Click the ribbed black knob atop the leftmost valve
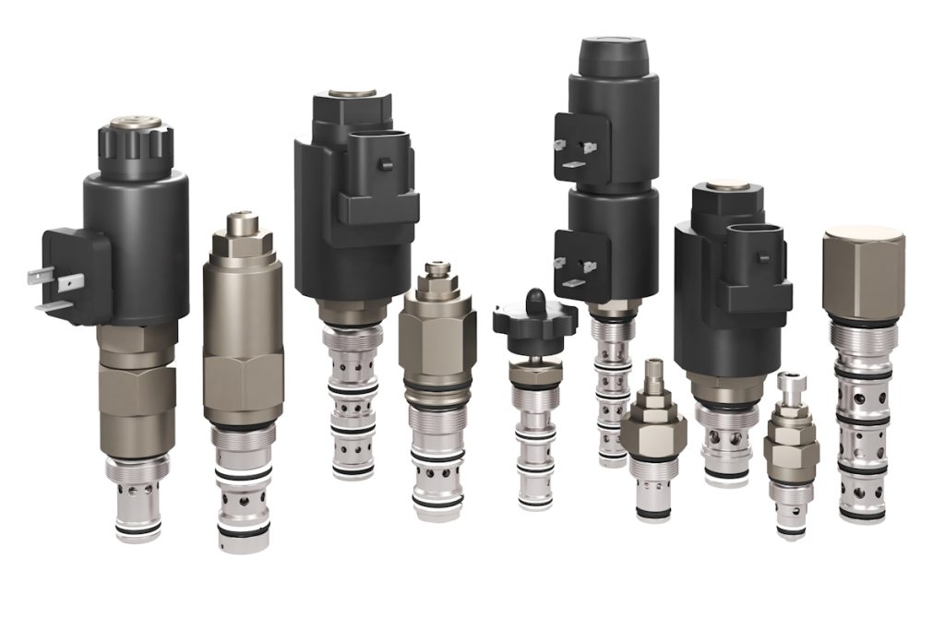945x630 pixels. (x=136, y=148)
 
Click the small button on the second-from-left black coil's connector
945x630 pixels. (x=386, y=166)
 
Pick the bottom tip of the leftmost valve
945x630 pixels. (x=138, y=531)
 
